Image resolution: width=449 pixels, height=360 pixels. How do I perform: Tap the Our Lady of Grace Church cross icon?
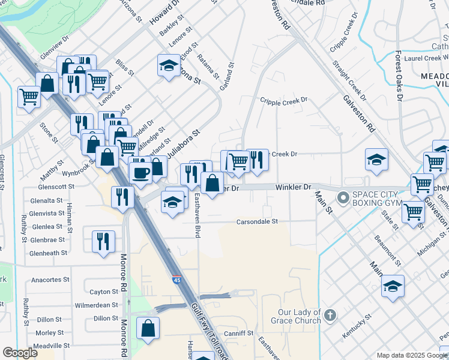pos(329,314)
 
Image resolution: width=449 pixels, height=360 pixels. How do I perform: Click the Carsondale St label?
pos(257,221)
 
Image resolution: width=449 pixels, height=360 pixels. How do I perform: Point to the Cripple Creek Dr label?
pos(283,100)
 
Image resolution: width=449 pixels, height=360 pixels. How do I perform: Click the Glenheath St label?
pos(49,253)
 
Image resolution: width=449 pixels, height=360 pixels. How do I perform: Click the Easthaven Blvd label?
pos(197,218)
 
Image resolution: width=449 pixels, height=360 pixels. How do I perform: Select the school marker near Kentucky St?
pos(393,285)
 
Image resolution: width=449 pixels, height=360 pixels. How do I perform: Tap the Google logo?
pos(20,353)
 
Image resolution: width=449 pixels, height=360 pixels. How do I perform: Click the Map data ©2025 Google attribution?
pos(411,355)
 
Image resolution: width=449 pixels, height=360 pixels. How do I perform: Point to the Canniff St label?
pos(239,333)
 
